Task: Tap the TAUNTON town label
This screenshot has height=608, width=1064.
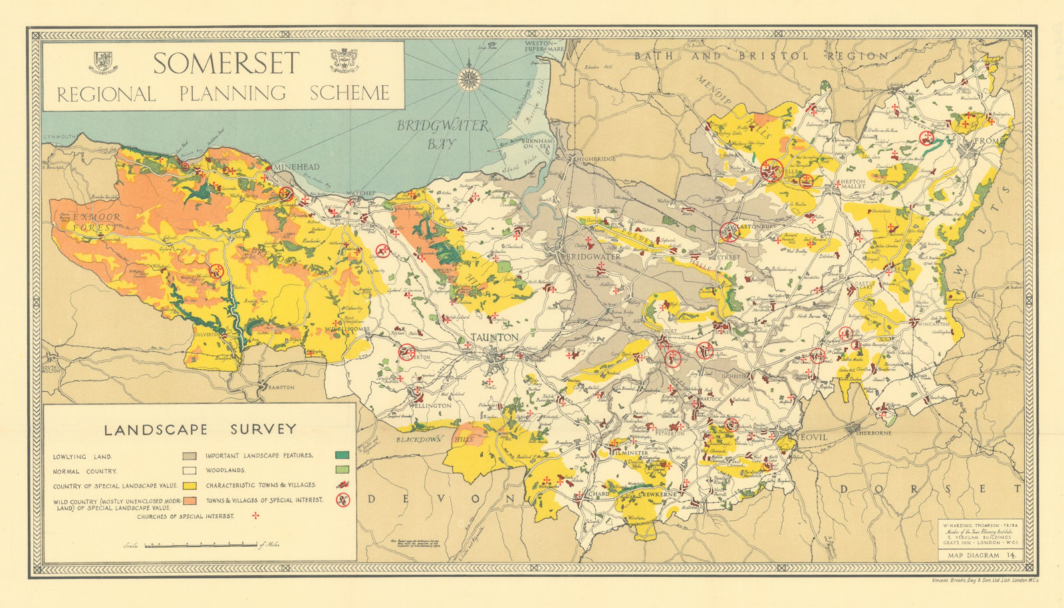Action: (494, 337)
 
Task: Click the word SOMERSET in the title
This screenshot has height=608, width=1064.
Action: (226, 64)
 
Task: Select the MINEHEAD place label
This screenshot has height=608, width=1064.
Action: (297, 167)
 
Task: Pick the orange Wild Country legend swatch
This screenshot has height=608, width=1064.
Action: (190, 500)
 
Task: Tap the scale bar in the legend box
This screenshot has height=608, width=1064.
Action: (200, 545)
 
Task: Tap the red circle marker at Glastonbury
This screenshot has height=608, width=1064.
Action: (730, 231)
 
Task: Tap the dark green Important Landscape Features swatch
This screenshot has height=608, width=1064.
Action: (342, 456)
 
